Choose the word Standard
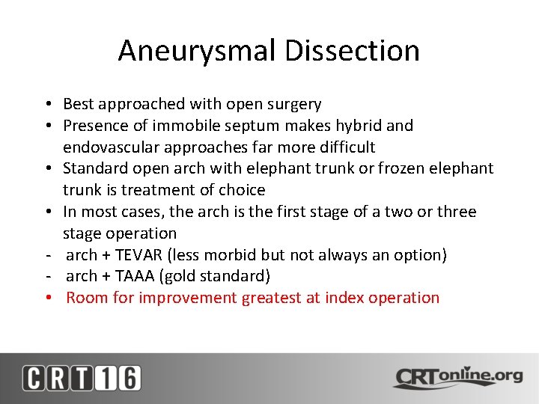(94, 168)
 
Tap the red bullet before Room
(47, 298)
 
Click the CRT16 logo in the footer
(82, 378)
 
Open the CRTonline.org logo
(458, 377)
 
